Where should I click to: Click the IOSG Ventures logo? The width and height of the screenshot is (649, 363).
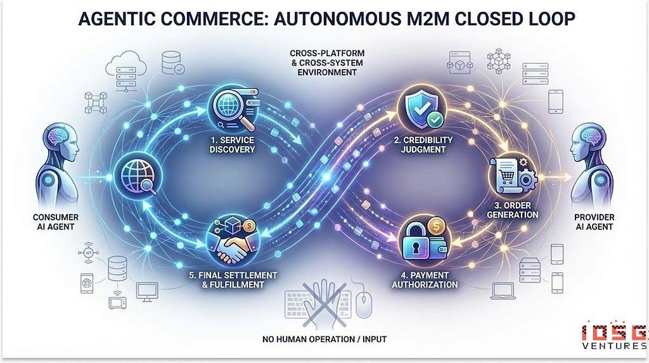pyautogui.click(x=614, y=337)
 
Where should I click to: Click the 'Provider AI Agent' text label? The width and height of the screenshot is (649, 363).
pyautogui.click(x=594, y=222)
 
